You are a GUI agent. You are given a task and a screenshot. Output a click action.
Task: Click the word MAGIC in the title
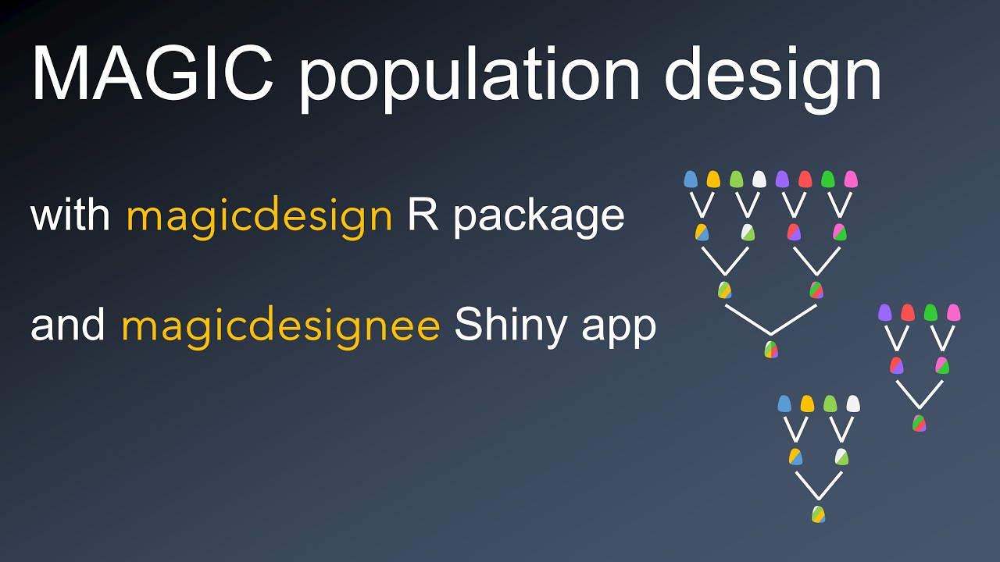[x=152, y=74]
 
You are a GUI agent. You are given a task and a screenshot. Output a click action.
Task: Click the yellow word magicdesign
[x=259, y=215]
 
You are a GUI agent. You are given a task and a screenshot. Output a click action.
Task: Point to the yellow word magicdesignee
[x=280, y=325]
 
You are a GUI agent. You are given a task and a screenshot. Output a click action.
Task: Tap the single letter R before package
[x=422, y=215]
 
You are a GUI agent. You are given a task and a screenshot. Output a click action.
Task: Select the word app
[x=622, y=329]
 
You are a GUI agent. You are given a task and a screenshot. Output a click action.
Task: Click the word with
[x=70, y=215]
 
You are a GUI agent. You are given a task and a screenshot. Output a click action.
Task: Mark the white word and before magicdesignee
[x=68, y=325]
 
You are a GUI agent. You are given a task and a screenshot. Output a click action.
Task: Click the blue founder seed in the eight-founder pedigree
[x=690, y=180]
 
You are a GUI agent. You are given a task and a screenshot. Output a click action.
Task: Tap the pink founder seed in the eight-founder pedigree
[x=852, y=180]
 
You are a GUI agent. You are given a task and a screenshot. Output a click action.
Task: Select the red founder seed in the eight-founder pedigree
[x=805, y=180]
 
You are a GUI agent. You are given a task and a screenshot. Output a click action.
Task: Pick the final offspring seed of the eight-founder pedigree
[x=771, y=349]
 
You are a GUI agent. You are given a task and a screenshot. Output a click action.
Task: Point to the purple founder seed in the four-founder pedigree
[x=884, y=313]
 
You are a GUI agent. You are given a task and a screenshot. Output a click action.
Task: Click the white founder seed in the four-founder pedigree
[x=853, y=404]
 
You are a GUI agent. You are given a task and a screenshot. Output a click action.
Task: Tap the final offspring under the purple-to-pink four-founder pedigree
[x=919, y=423]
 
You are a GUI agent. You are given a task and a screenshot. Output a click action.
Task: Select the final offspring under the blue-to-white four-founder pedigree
[x=818, y=514]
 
